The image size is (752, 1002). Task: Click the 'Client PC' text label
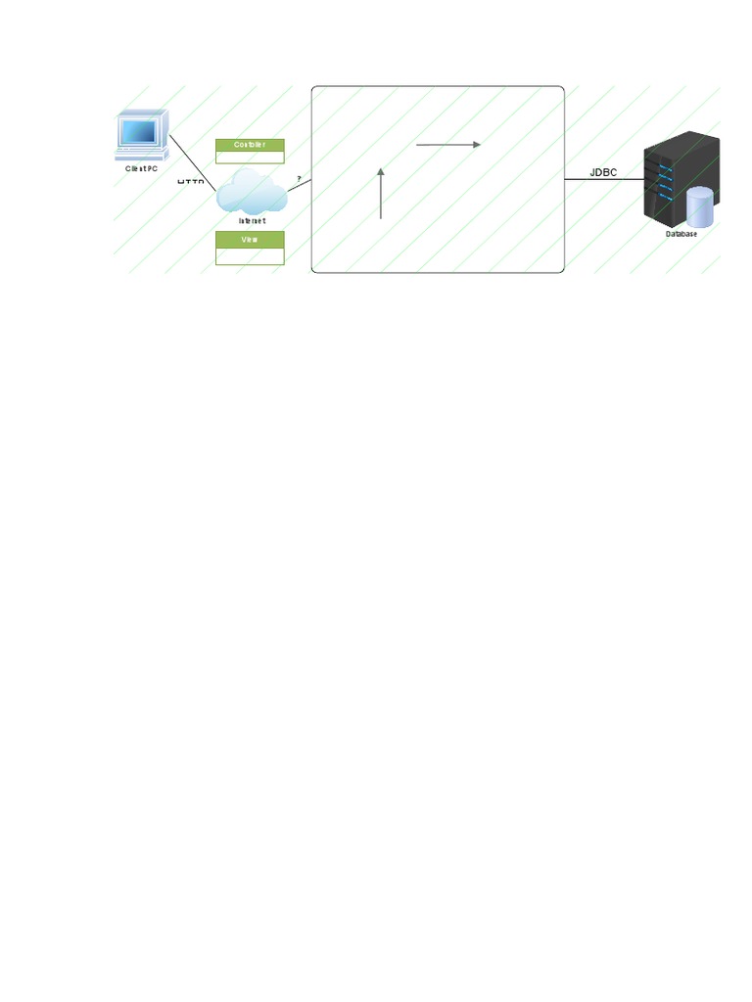142,168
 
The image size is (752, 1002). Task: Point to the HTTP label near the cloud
190,183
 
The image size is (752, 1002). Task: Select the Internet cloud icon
251,192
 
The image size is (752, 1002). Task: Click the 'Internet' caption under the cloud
252,221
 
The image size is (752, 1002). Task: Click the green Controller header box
250,145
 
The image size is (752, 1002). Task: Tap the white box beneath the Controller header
250,157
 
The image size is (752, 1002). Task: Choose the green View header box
250,238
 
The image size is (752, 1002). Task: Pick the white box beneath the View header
250,255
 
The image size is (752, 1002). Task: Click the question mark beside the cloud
299,177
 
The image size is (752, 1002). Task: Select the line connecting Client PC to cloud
194,161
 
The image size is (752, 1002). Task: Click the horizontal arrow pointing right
448,145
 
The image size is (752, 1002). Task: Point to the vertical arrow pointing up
381,193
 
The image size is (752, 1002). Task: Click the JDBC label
603,172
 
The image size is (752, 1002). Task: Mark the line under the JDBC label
603,180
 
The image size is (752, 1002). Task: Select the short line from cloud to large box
299,185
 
